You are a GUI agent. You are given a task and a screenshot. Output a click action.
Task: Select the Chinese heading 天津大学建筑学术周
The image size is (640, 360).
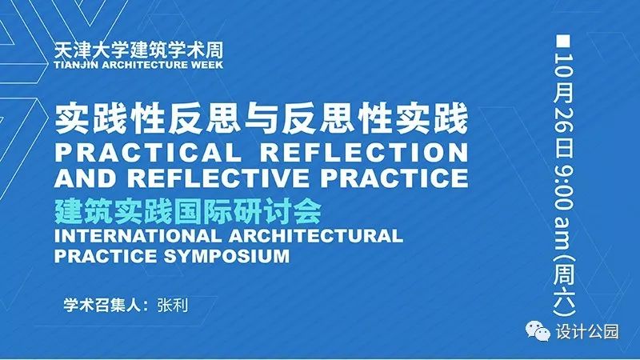[138, 50]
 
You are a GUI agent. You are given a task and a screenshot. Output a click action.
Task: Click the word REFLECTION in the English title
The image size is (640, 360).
[364, 152]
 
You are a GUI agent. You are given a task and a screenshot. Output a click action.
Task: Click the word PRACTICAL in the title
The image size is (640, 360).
[148, 152]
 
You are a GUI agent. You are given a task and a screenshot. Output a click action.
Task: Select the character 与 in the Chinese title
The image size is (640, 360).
[262, 119]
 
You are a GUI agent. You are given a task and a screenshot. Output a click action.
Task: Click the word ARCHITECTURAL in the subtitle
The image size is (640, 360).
[316, 236]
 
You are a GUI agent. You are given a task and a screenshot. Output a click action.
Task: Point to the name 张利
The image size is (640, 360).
[173, 305]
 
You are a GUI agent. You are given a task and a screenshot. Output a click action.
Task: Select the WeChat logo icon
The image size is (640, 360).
[537, 331]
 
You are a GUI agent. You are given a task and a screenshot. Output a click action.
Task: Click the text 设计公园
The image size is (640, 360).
[587, 331]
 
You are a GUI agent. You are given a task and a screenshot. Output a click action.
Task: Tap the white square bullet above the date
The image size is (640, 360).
[563, 42]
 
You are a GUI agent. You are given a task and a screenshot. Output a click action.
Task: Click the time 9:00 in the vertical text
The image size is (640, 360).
[564, 186]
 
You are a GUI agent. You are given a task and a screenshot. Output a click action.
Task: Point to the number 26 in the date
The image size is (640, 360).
[564, 122]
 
